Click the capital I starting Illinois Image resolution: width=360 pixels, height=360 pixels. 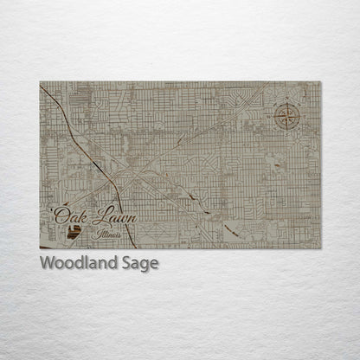pos(99,232)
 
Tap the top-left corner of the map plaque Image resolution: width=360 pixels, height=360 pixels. pos(40,82)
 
